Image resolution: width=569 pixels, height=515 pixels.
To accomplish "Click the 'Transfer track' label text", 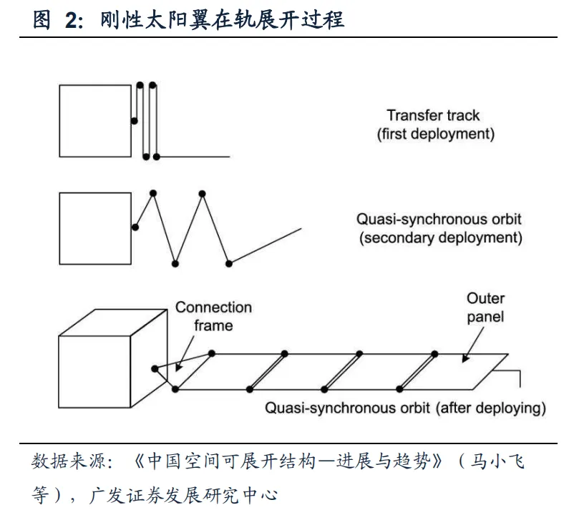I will tap(433, 115).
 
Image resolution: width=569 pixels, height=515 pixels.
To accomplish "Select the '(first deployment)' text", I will tap(435, 134).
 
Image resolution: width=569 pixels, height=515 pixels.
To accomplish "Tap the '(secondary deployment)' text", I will tap(440, 237).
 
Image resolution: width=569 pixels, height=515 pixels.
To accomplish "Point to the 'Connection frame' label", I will tap(213, 316).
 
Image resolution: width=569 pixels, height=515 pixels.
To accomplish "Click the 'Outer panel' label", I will tap(485, 308).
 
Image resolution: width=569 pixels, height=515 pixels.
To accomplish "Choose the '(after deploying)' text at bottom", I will tap(490, 408).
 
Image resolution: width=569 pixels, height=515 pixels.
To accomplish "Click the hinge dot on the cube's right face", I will tap(155, 369).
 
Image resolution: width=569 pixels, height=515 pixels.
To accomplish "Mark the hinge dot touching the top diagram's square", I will tap(135, 121).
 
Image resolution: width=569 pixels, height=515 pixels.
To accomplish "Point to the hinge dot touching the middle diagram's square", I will tap(135, 227).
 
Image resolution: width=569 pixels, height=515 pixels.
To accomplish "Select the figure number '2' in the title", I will tap(70, 19).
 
